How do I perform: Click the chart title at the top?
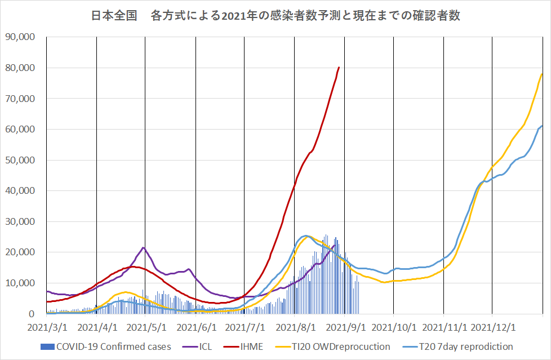click(x=275, y=16)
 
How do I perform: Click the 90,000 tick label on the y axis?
click(x=20, y=37)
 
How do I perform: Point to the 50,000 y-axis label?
click(x=20, y=160)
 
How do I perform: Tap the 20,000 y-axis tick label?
click(x=20, y=252)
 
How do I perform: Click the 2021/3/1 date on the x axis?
click(x=47, y=327)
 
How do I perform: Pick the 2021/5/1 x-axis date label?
click(x=145, y=327)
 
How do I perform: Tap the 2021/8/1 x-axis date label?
click(x=294, y=327)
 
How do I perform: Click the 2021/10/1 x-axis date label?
click(x=394, y=327)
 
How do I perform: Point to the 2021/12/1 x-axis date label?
click(x=493, y=327)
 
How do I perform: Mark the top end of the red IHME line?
click(x=339, y=68)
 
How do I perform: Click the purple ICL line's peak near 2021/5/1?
click(x=144, y=247)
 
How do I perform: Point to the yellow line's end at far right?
click(x=542, y=74)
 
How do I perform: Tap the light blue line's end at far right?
click(x=542, y=126)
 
